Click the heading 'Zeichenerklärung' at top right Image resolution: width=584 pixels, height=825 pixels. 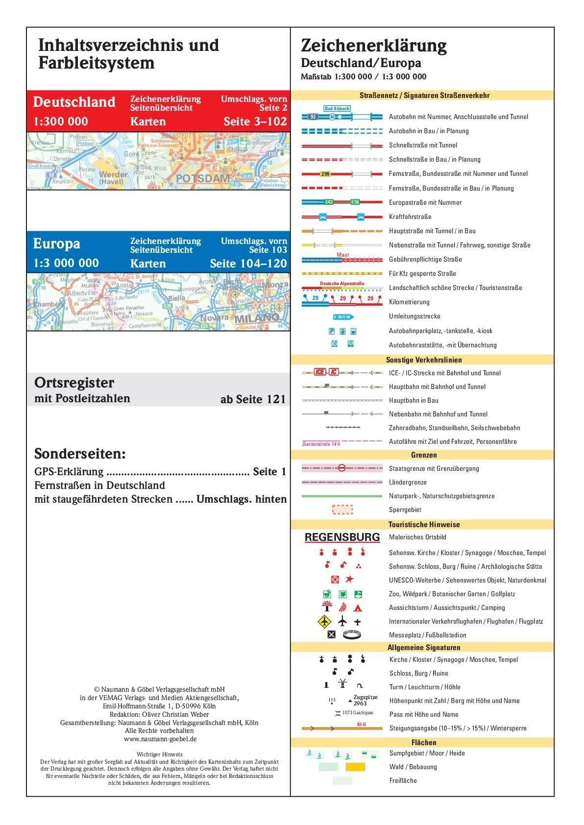pos(373,46)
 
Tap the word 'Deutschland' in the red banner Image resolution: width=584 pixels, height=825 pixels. pos(74,102)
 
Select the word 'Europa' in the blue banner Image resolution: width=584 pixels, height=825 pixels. pos(56,243)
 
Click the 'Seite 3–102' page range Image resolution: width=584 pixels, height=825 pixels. pos(255,121)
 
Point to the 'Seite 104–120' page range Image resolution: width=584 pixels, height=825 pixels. pos(248,264)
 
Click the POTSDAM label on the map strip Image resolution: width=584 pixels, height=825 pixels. pos(202,178)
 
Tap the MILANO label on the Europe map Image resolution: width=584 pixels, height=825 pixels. pos(257,318)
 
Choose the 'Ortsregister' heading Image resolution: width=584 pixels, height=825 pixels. pos(74,383)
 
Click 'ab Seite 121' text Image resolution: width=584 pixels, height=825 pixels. pos(253,399)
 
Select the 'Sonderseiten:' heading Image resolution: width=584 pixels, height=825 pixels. pos(80,454)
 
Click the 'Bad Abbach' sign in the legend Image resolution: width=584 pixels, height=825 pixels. pos(337,109)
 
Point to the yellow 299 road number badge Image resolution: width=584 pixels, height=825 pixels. pos(325,174)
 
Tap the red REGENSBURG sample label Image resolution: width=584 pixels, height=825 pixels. pos(342,537)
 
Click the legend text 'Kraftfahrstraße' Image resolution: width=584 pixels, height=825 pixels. pos(410,217)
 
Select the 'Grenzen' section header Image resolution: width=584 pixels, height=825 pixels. pos(424,455)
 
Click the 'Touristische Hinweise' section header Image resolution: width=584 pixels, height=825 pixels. pos(424,525)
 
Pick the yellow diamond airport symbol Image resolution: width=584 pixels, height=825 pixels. pos(324,622)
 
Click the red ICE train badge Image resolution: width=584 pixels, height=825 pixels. pos(320,372)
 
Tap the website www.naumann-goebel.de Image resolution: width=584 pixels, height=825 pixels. pos(160,739)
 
